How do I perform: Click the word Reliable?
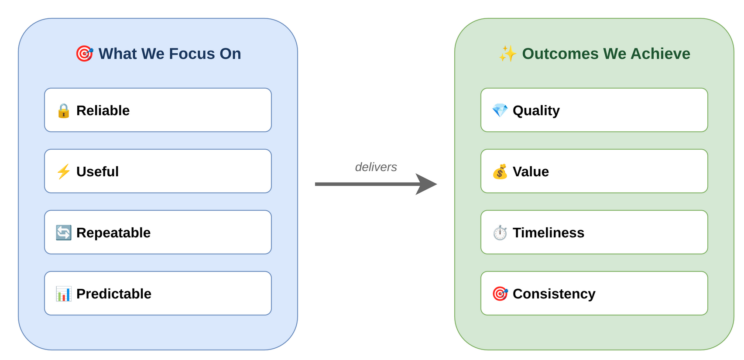(x=103, y=110)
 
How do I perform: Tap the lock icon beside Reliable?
(x=64, y=111)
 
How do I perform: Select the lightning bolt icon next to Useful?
(x=64, y=171)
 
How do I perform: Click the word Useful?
(x=97, y=171)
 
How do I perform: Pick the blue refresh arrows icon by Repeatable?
(x=64, y=233)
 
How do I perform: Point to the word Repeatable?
(x=113, y=233)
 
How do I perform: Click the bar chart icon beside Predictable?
(x=64, y=294)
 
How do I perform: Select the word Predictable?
(x=113, y=294)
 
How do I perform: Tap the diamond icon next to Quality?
(x=500, y=110)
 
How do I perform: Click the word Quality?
(x=536, y=110)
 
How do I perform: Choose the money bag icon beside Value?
(x=500, y=171)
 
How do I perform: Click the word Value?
(x=531, y=171)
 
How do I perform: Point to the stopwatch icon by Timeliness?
(x=500, y=233)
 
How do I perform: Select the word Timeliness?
(x=548, y=233)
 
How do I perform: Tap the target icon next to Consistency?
(x=500, y=294)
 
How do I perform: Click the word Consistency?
(x=554, y=294)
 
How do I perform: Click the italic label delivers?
(x=376, y=167)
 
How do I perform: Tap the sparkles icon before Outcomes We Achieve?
(x=508, y=54)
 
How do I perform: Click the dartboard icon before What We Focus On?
(x=85, y=54)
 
